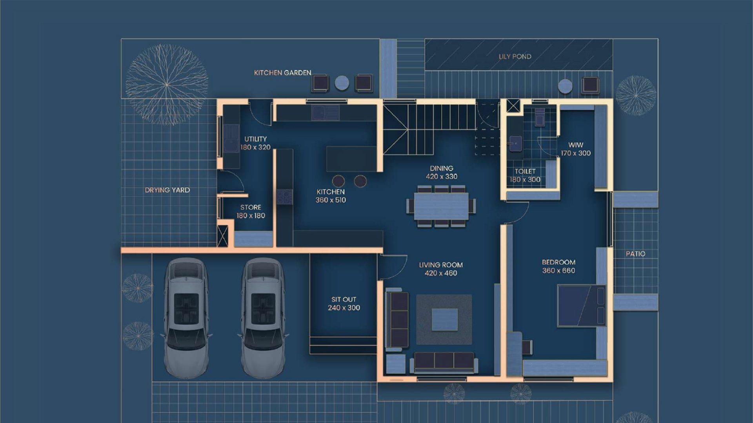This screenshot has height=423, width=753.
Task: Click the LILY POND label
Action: [515, 56]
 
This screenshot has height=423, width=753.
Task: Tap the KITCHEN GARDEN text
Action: [282, 73]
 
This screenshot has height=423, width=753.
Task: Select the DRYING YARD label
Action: [167, 190]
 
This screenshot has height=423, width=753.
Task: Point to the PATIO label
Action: [635, 254]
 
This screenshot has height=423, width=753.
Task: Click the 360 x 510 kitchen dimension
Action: [331, 200]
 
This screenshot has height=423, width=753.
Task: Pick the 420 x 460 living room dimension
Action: [441, 273]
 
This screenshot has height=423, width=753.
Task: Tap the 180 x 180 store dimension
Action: [251, 216]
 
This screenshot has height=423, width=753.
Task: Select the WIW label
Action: [576, 145]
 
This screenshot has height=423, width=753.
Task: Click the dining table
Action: [441, 206]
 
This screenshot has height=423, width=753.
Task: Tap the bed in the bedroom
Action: [581, 306]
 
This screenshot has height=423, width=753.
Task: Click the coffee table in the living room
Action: [445, 320]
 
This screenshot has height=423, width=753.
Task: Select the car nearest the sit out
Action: [262, 318]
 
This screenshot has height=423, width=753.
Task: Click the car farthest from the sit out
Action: [186, 318]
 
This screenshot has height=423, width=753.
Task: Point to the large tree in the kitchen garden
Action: [167, 84]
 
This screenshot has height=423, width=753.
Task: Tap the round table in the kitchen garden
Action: [342, 83]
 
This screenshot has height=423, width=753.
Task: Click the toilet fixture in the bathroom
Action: [540, 117]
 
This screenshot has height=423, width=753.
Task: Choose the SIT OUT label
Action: [344, 300]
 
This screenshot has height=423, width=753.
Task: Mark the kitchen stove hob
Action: [285, 197]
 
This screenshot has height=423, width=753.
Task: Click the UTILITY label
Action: [255, 139]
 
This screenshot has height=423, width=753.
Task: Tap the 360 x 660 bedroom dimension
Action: [558, 271]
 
